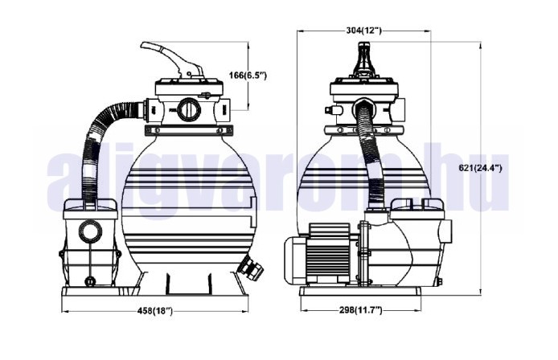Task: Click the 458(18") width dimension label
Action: (x=155, y=311)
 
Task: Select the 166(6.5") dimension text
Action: (x=248, y=75)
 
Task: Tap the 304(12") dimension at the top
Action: (x=363, y=31)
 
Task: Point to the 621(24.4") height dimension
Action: (x=481, y=168)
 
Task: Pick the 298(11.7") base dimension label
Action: (x=360, y=310)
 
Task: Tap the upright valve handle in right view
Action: (x=363, y=59)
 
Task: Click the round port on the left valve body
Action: (x=189, y=109)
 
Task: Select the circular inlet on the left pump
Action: (x=90, y=231)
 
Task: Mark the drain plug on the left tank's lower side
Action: (x=251, y=268)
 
